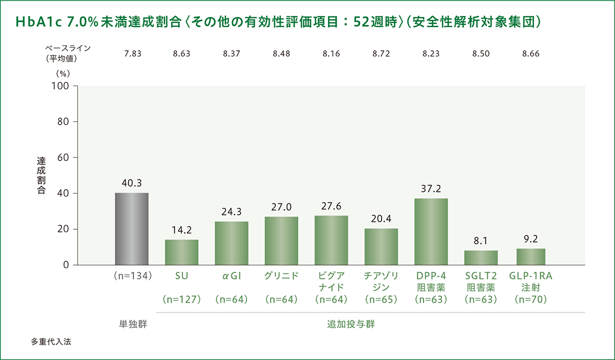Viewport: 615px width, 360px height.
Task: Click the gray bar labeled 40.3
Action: pos(132,229)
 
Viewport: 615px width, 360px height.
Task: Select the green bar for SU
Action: pos(181,252)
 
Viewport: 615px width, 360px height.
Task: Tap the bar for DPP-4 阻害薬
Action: pos(432,232)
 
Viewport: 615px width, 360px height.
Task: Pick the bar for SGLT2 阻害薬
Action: pos(481,257)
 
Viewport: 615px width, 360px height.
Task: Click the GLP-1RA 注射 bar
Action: pos(531,256)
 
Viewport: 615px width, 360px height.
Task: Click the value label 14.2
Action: pos(181,230)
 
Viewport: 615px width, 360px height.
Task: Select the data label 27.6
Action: pos(332,206)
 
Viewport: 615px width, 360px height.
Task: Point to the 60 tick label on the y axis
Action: pos(64,157)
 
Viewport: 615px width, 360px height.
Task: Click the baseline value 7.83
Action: pos(132,53)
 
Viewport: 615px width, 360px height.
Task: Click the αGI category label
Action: pos(232,276)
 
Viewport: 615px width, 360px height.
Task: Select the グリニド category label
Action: pos(281,276)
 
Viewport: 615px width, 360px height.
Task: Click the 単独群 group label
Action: pos(132,324)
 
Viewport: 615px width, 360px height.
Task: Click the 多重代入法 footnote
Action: pos(51,342)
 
